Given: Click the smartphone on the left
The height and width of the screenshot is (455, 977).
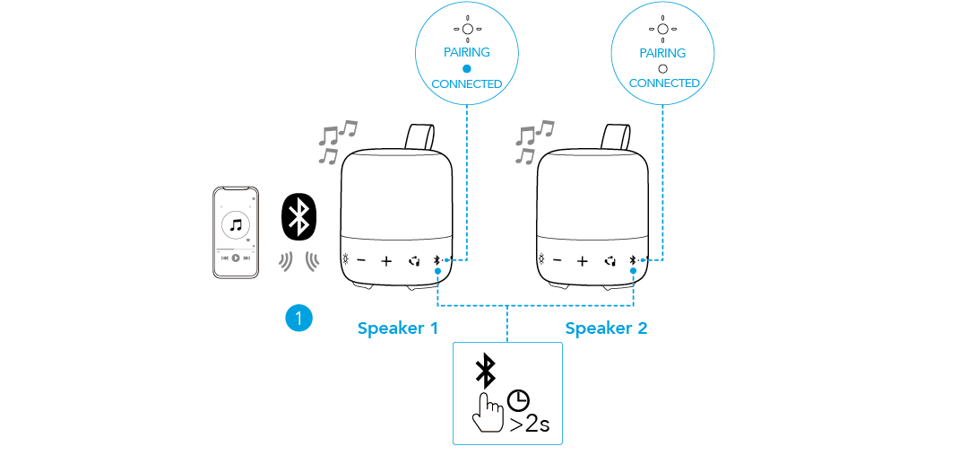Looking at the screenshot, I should (235, 232).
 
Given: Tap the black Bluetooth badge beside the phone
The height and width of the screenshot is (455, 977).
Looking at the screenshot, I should (299, 216).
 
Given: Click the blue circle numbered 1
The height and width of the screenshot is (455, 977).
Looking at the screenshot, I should (298, 317).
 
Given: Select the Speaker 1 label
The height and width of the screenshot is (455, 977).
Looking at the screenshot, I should (397, 328).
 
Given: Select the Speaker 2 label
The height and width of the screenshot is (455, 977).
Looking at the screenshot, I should (606, 328).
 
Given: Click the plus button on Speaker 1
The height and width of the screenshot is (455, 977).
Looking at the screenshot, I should (386, 261).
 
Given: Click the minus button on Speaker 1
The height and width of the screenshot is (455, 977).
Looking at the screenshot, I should (361, 261).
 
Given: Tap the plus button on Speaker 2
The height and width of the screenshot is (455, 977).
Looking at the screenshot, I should (582, 261).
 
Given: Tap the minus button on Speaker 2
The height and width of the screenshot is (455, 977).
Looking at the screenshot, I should (557, 261).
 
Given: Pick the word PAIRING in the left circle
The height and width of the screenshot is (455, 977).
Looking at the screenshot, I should (466, 52).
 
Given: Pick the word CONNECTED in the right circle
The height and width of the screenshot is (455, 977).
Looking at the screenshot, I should (664, 83).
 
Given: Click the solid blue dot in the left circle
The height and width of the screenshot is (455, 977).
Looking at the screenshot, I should (466, 68).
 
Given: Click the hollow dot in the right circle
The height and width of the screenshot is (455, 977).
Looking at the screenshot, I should (662, 68).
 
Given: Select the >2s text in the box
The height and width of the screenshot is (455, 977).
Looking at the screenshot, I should (531, 424).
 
